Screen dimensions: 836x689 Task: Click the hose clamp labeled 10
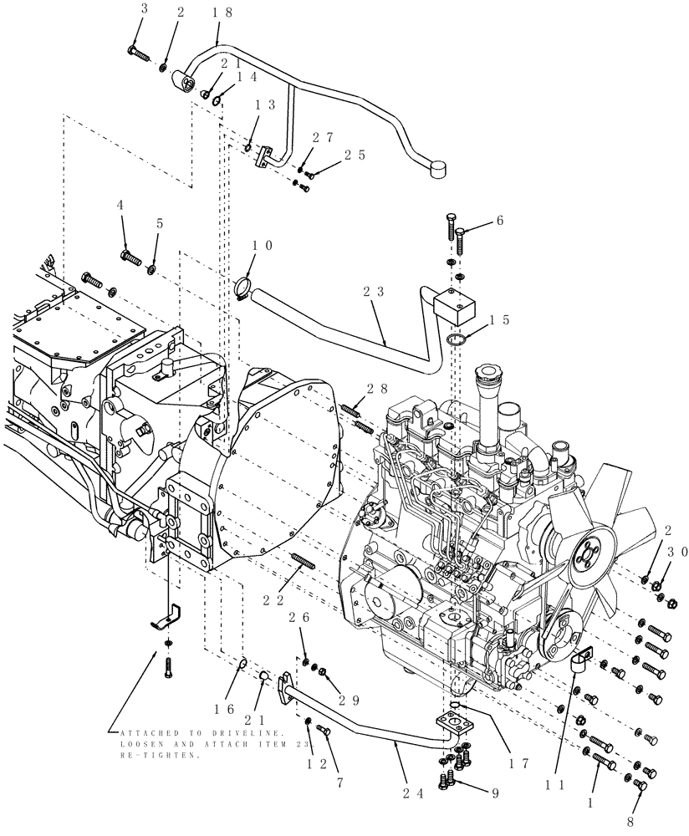240,290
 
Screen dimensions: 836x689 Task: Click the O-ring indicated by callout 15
453,341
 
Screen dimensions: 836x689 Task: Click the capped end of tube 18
437,171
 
